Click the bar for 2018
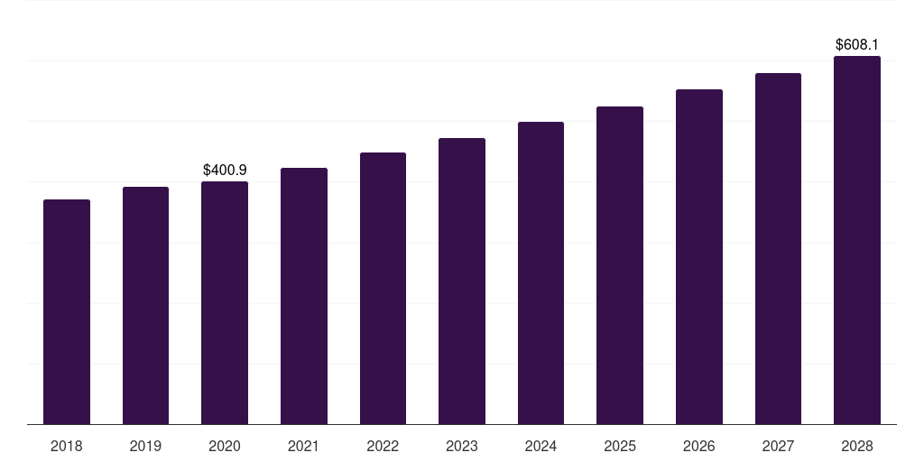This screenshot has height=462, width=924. click(67, 311)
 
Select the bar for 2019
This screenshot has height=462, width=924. click(145, 305)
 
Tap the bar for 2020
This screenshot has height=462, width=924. click(225, 302)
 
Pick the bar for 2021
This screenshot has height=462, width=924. click(304, 296)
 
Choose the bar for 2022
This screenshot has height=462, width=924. click(383, 288)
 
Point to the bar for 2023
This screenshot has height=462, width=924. click(462, 281)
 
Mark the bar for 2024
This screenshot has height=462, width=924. click(541, 273)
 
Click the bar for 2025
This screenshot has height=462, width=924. click(620, 265)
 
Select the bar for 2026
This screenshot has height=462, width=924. click(699, 256)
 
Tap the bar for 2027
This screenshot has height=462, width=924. click(778, 248)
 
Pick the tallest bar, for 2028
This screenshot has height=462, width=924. click(857, 240)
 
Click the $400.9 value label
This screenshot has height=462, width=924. click(225, 170)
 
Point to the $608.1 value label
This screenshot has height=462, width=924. click(857, 44)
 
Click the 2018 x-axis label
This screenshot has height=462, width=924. click(67, 446)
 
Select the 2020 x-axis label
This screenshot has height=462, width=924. click(225, 446)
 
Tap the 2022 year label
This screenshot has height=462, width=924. click(383, 446)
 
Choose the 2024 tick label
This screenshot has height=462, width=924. click(541, 446)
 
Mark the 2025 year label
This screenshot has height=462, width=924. click(620, 446)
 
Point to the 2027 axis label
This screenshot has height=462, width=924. click(778, 446)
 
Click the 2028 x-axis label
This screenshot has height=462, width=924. click(857, 446)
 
